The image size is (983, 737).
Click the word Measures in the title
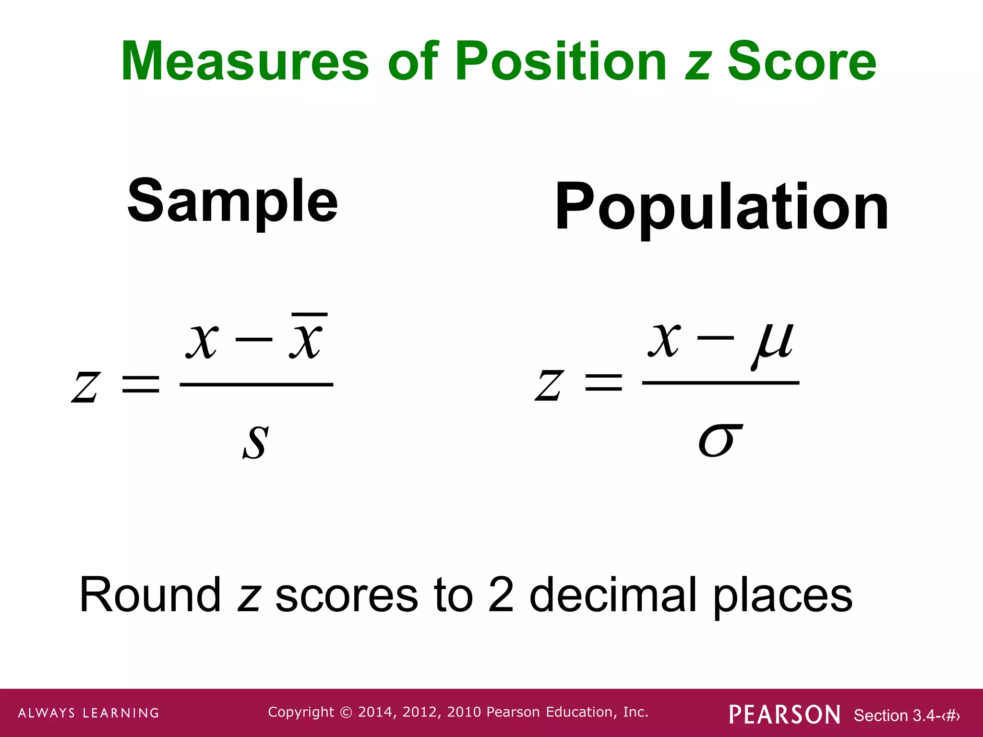pos(245,61)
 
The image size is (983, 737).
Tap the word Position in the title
pos(560,61)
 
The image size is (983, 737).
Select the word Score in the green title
pos(802,61)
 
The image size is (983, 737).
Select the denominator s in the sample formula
pos(255,441)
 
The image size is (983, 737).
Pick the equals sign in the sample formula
pos(141,384)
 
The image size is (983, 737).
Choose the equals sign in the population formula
pos(603,383)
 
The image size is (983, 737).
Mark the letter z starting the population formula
pos(548,385)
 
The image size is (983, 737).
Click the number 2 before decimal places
pos(501,595)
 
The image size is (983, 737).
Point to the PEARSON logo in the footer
pos(784,714)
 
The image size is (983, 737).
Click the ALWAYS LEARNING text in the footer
pos(89,713)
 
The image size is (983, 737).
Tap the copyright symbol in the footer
pos(346,713)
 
